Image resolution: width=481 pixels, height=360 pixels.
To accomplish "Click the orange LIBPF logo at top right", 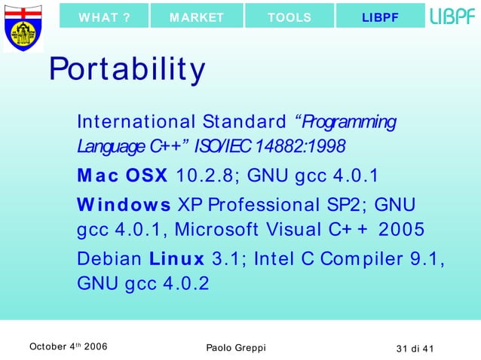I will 452,17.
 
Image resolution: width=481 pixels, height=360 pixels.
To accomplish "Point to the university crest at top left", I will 23,28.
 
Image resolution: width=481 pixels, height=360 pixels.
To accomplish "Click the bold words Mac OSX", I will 122,175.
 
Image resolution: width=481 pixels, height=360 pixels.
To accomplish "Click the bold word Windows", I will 124,205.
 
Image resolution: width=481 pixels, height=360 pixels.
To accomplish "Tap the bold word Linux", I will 176,259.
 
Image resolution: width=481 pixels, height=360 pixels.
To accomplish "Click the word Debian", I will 109,259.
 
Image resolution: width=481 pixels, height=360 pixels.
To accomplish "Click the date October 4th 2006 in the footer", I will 67,346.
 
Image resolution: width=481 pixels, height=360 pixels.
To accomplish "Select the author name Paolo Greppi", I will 235,346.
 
